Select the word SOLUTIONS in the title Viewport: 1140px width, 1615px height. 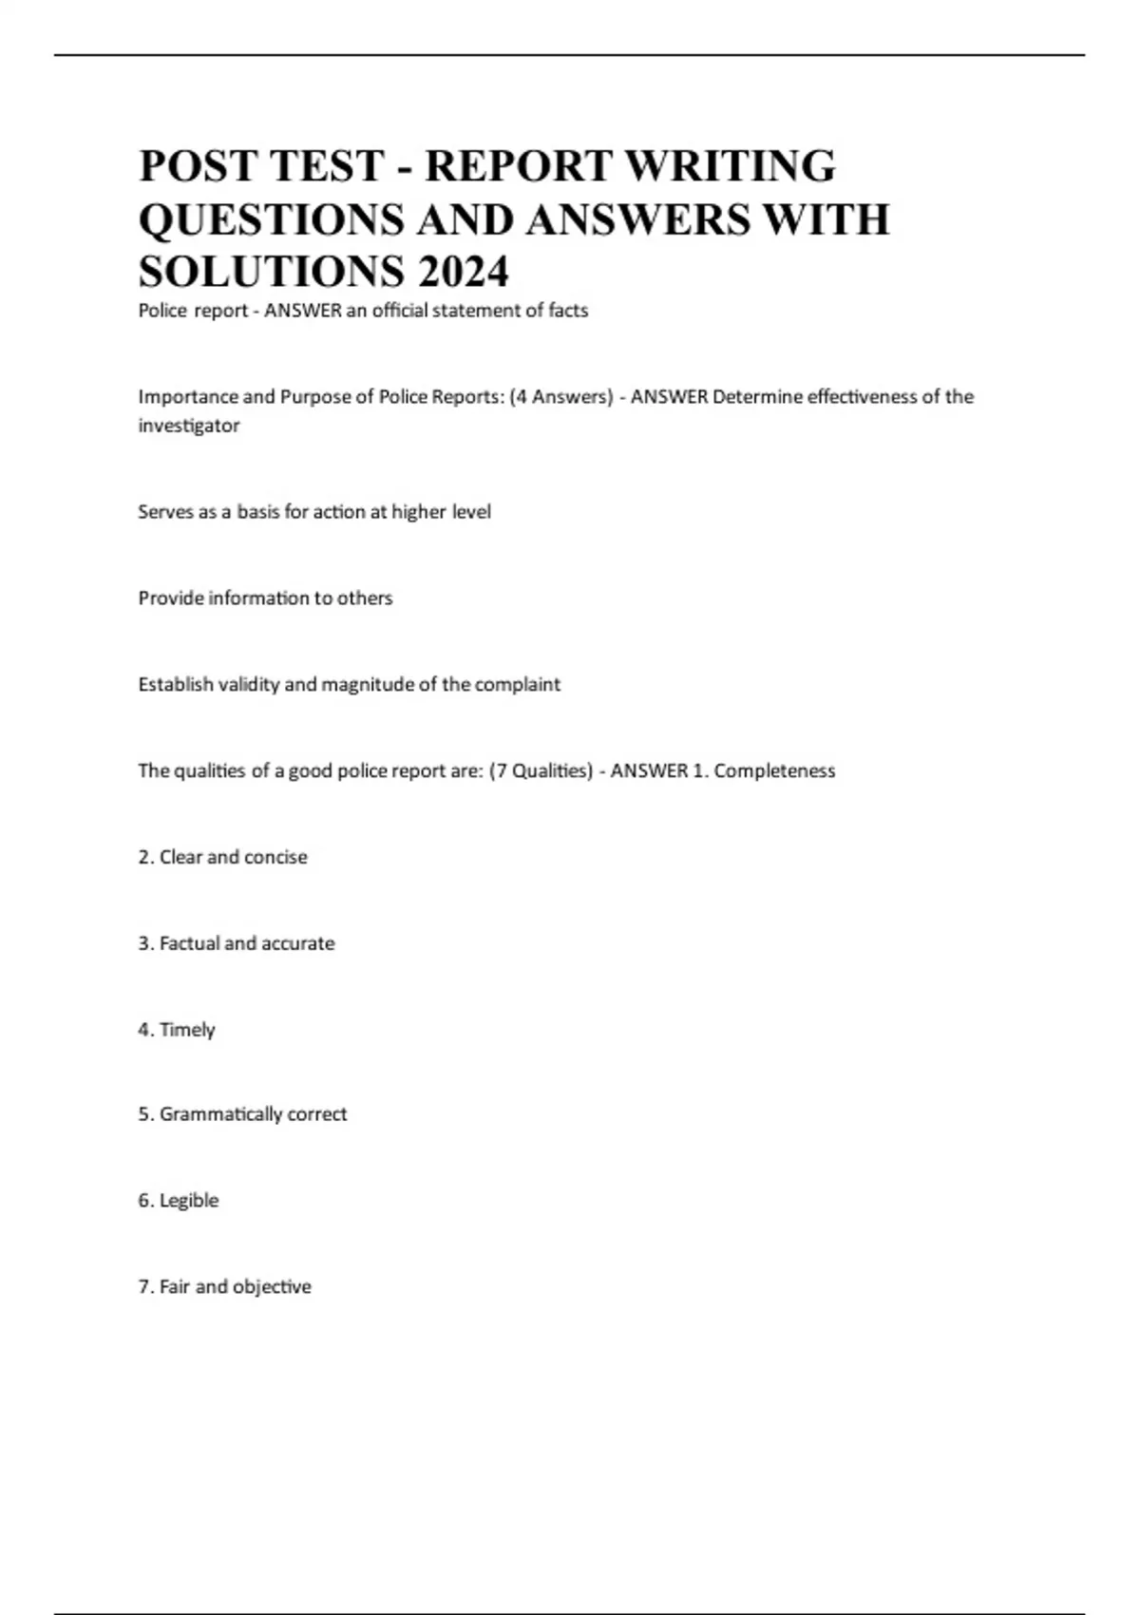tap(272, 273)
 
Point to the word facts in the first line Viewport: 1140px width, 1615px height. tap(568, 311)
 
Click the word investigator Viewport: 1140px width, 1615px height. tap(189, 426)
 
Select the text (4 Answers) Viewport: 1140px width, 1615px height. tap(561, 397)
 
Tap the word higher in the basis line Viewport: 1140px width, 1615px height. tap(419, 512)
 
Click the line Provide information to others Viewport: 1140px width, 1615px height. tap(265, 598)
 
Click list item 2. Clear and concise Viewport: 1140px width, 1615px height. tap(223, 858)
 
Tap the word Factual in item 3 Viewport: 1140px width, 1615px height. tap(189, 944)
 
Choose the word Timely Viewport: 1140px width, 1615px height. tap(187, 1031)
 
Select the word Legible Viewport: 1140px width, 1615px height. tap(189, 1201)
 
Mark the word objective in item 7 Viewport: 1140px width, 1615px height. tap(272, 1287)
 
